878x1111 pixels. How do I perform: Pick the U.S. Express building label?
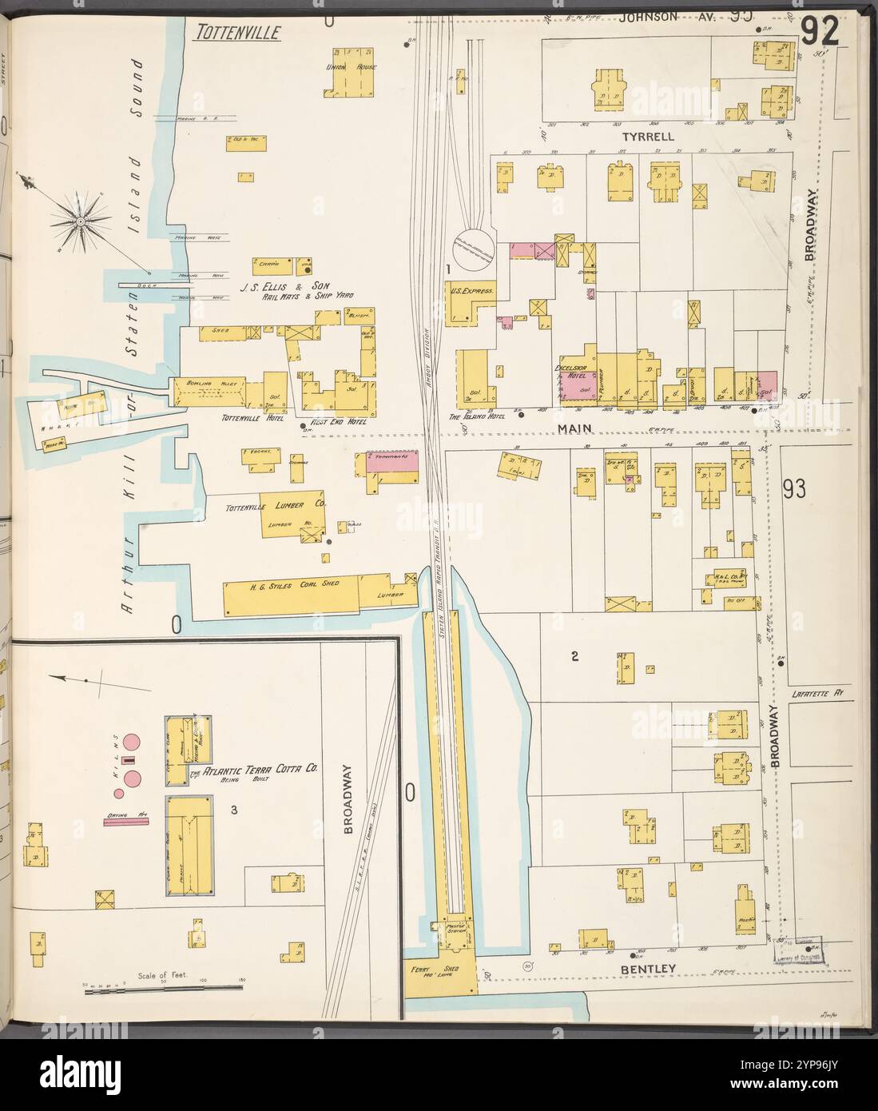tap(471, 293)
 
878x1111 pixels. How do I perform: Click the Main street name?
tap(573, 429)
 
